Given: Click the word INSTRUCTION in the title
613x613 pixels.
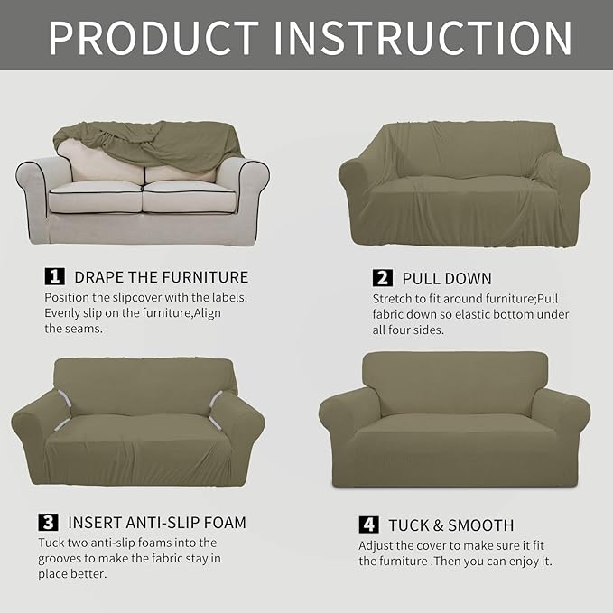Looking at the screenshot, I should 423,36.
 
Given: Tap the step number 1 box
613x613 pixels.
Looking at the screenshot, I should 55,276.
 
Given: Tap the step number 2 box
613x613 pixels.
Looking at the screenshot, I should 382,277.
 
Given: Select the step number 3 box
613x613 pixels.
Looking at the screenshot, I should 46,522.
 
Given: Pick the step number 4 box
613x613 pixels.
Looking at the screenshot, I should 368,525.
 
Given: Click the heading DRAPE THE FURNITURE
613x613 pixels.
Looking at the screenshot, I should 161,276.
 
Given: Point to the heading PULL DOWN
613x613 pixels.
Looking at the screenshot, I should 447,277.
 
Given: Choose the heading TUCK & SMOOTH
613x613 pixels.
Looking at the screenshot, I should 450,525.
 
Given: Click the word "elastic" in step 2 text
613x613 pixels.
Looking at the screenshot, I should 493,314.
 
